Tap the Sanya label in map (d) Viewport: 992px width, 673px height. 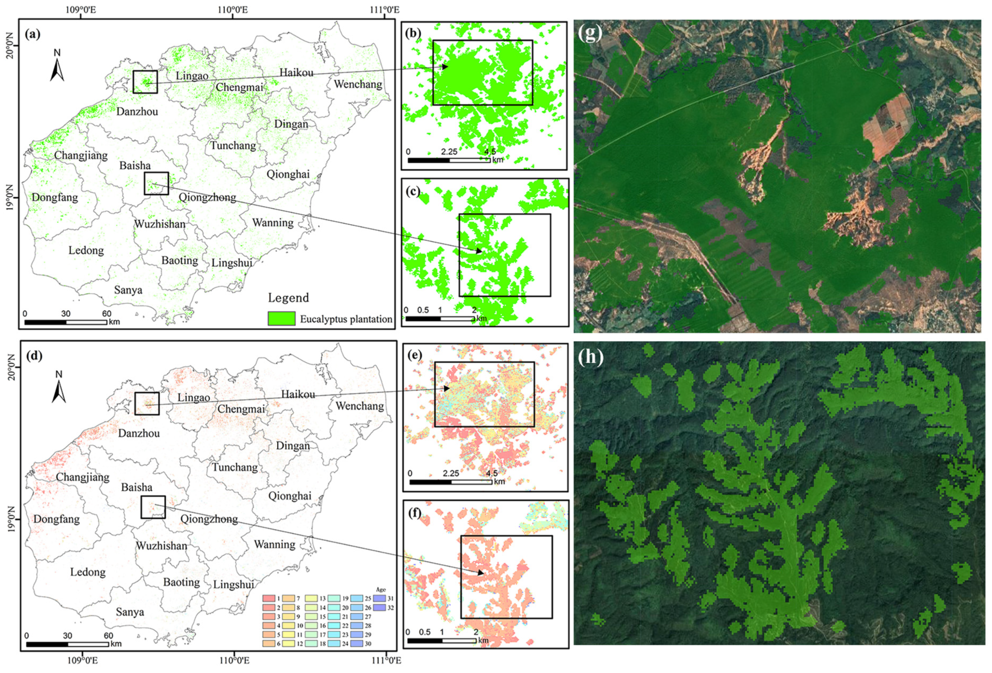(x=130, y=612)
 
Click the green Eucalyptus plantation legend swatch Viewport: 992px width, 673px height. (x=281, y=318)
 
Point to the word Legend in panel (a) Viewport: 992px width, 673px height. (x=288, y=298)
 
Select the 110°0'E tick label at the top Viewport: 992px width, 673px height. (x=232, y=9)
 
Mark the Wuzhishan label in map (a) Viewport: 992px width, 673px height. (x=160, y=224)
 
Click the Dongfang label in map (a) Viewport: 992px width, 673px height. (x=55, y=197)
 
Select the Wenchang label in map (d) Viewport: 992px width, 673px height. (x=359, y=406)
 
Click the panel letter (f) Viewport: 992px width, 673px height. (x=415, y=513)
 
